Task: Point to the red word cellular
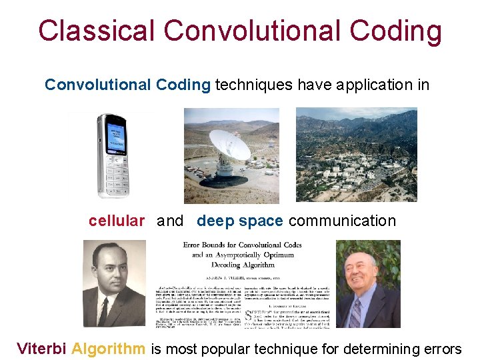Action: pyautogui.click(x=116, y=221)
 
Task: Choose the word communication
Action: pyautogui.click(x=342, y=221)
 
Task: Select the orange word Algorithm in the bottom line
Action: pyautogui.click(x=108, y=348)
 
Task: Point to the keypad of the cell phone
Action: pyautogui.click(x=117, y=176)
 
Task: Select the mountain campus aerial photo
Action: pyautogui.click(x=356, y=155)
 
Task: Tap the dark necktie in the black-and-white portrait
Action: pyautogui.click(x=104, y=311)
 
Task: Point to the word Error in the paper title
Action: pyautogui.click(x=197, y=245)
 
